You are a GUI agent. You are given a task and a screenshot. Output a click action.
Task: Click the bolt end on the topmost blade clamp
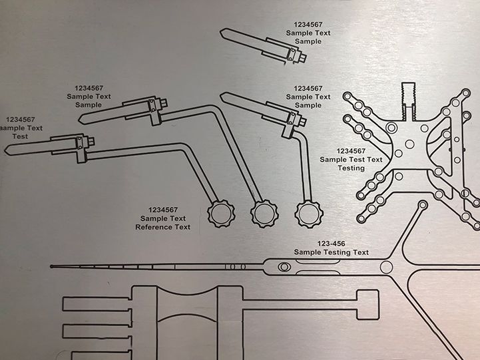(304, 58)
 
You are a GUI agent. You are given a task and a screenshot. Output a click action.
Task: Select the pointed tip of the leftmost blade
(6, 147)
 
